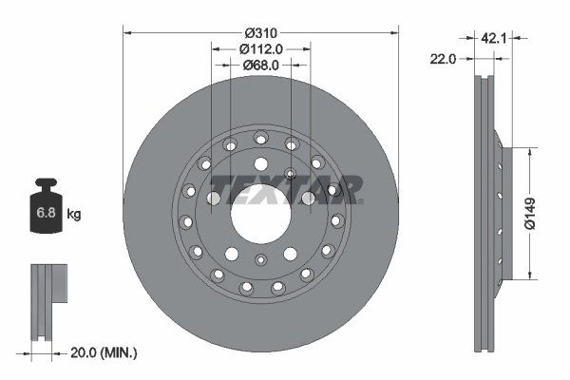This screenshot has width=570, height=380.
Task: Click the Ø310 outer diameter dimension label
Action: tap(259, 32)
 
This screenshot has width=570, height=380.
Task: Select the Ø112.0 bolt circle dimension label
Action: tap(258, 48)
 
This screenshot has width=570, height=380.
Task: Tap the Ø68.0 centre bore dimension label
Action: tap(258, 65)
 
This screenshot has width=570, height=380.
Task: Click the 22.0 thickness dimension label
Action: tap(444, 58)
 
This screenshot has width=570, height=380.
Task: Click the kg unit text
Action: tap(74, 215)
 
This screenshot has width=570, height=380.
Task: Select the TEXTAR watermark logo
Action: tap(285, 187)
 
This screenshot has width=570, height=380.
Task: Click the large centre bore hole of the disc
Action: tap(259, 213)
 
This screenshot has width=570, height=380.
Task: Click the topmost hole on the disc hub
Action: tap(259, 138)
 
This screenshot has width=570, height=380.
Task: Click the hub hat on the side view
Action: tap(504, 212)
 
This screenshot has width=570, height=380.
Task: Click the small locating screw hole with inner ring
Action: tap(291, 174)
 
